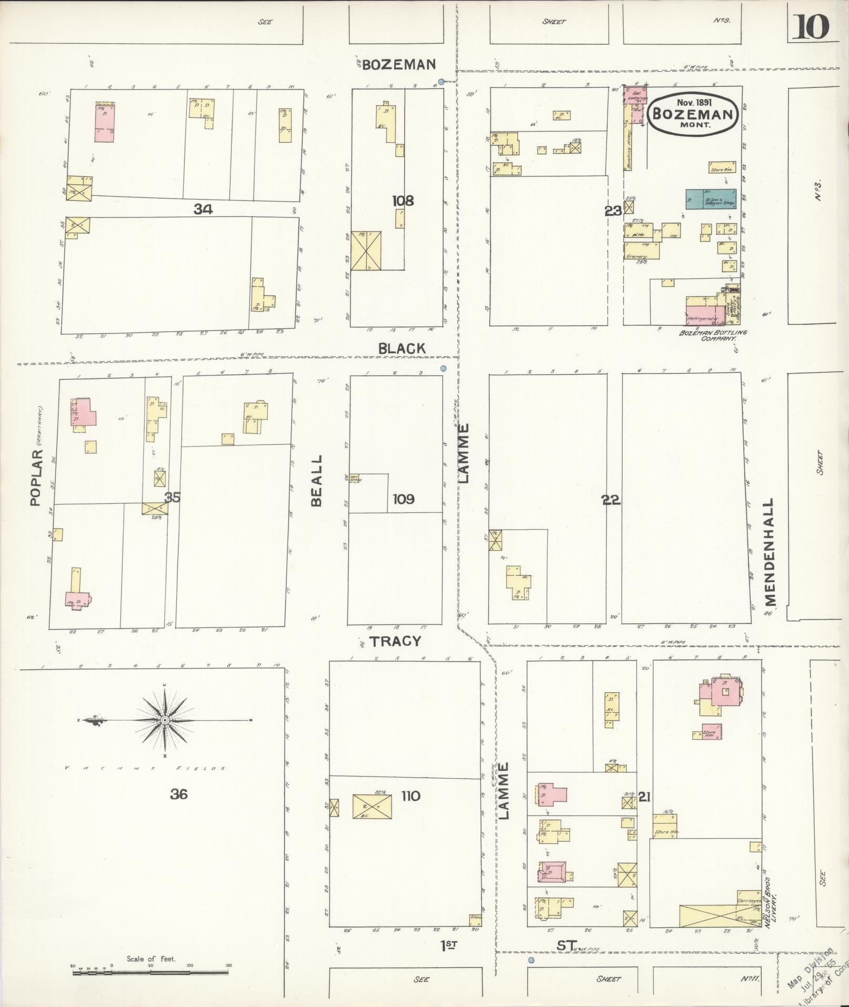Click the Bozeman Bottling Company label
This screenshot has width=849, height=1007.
pyautogui.click(x=713, y=335)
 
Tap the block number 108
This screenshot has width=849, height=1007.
pyautogui.click(x=403, y=201)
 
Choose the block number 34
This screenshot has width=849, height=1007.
pyautogui.click(x=203, y=210)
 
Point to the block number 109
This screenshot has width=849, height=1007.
pyautogui.click(x=403, y=498)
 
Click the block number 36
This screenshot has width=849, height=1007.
pyautogui.click(x=178, y=794)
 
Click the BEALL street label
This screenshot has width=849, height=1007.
pyautogui.click(x=316, y=481)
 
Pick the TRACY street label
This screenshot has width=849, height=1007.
pyautogui.click(x=395, y=641)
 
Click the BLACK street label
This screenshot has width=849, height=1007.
pyautogui.click(x=402, y=348)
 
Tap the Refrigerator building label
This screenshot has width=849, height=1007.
pyautogui.click(x=703, y=319)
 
